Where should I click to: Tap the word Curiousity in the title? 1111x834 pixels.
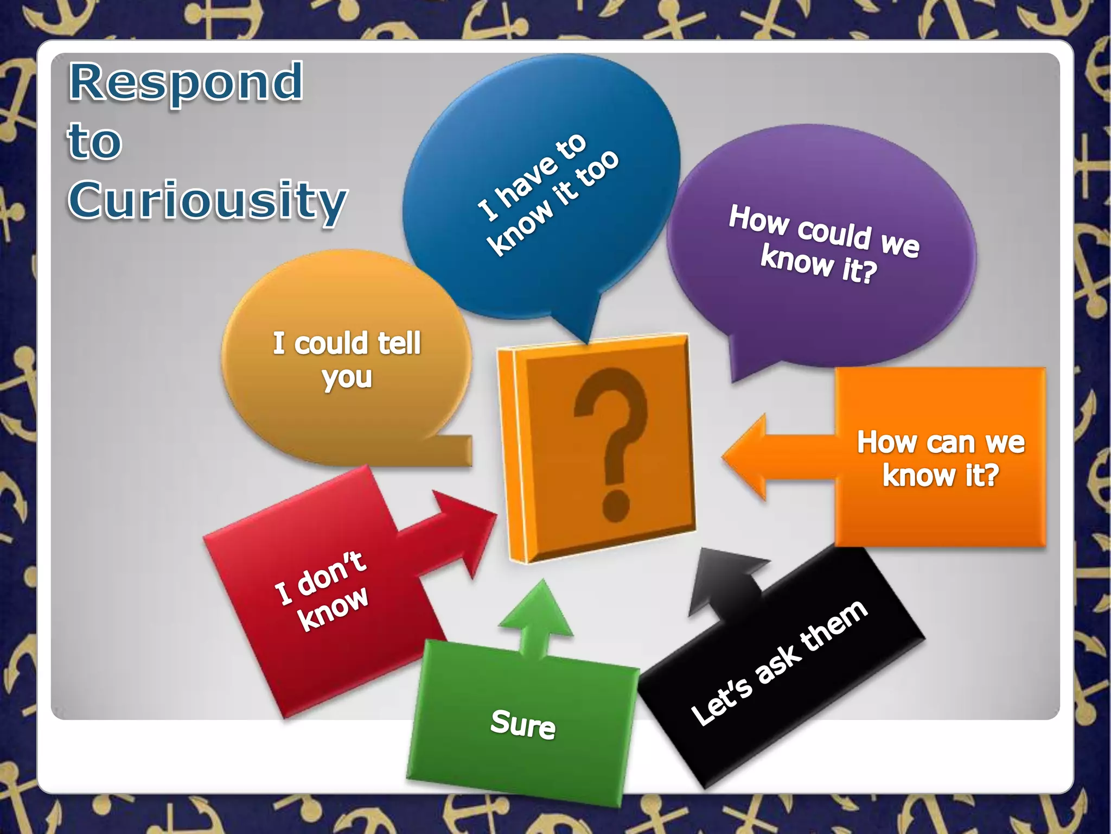coord(207,201)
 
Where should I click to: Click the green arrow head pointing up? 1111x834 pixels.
coord(537,611)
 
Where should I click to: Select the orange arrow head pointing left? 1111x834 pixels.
coord(746,456)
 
